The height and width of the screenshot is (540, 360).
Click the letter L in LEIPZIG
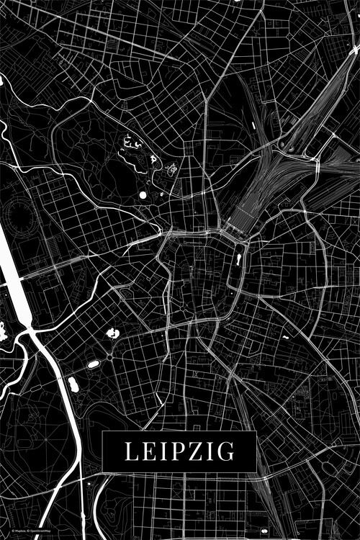click(132, 451)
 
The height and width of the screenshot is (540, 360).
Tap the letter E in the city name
click(149, 451)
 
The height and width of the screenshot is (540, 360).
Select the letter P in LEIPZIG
click(176, 451)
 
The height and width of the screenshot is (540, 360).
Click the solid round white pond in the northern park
click(143, 194)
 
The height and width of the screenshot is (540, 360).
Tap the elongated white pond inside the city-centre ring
click(238, 258)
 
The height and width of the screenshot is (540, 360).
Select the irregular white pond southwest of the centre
click(112, 333)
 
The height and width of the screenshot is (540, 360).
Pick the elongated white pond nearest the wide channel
click(73, 384)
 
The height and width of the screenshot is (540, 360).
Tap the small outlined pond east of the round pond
click(171, 171)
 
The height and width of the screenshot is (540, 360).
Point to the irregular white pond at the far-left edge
click(2, 332)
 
